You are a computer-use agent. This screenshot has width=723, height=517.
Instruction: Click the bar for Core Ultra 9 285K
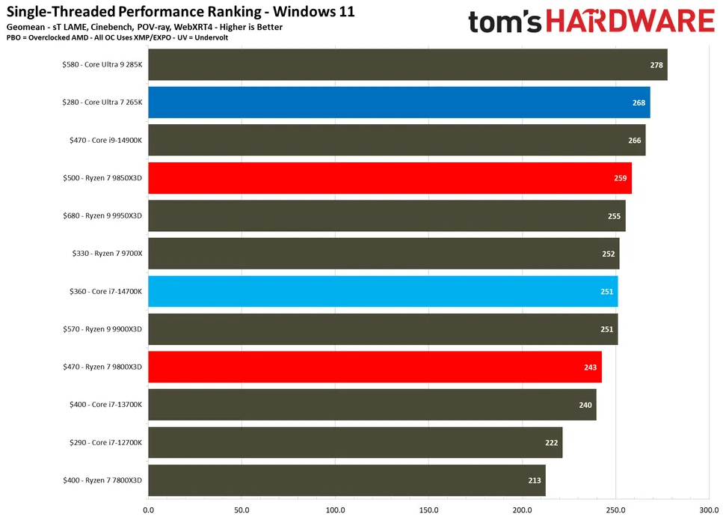407,64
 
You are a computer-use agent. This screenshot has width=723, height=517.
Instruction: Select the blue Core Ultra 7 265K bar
399,103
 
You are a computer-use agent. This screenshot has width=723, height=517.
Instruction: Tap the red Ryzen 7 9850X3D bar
390,178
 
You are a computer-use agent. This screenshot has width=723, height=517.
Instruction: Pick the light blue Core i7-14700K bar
383,291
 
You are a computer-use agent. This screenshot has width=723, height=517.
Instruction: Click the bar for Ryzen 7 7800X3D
347,480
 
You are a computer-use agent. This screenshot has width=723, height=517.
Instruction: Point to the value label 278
656,65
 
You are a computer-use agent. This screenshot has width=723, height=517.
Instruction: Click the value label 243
591,367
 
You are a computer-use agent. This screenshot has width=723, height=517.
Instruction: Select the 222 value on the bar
551,443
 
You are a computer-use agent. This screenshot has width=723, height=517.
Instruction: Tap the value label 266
635,140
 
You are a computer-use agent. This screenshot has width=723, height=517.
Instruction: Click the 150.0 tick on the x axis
428,510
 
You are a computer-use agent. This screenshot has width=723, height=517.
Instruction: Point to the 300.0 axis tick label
708,510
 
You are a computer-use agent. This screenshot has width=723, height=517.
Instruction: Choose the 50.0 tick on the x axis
241,510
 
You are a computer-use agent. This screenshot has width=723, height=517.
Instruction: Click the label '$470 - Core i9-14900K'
102,140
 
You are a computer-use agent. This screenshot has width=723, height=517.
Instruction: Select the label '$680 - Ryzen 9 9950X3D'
102,215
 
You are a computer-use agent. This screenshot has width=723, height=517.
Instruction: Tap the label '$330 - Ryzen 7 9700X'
102,254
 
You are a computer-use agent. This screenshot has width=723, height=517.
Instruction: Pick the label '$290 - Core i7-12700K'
102,443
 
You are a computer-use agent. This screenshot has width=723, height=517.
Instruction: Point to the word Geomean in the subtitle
27,27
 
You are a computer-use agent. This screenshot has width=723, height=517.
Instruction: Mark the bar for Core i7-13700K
372,405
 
